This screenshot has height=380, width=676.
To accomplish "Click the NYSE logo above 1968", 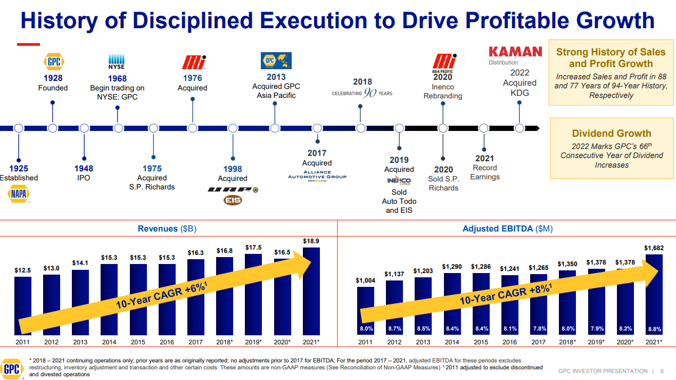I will coord(117,62).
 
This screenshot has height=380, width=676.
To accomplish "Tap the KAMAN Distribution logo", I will coord(515,54).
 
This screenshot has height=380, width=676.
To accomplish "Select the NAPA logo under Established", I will coord(19,195).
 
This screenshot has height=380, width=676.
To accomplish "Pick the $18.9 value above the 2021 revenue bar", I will coord(311,241).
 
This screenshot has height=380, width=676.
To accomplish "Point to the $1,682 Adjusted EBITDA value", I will coord(654,248).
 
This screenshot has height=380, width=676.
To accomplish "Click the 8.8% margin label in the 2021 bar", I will coord(654,329).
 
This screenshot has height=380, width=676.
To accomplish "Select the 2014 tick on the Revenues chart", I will coord(109,342).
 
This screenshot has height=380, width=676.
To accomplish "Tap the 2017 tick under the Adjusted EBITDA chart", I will coord(538,342).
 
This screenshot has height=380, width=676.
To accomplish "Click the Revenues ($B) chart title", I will coord(167,228).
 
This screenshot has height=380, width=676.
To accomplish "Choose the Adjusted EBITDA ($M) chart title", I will coord(507,228).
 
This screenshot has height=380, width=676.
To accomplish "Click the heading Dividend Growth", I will coord(612,134).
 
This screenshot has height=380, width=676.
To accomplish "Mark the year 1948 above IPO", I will coord(84,169).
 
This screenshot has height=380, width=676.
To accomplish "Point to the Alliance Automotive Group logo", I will coord(317,175).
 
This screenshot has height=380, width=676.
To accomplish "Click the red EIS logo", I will coord(233,201).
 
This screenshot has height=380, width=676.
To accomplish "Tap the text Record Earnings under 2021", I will coord(484,172).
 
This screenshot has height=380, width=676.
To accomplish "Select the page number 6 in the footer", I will coord(662,371).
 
